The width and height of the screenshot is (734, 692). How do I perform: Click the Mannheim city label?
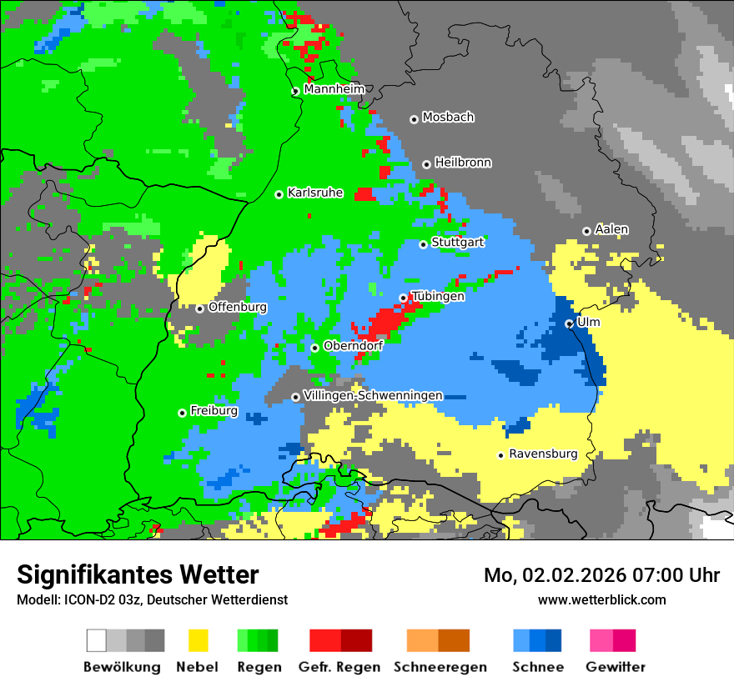334,89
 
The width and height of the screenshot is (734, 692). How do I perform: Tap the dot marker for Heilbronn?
426,164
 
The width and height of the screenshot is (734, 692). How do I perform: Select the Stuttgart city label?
457,243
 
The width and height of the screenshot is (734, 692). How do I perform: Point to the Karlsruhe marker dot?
279,194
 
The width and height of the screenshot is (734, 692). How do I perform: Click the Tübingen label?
437,296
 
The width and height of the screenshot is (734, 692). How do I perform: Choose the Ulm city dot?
569,323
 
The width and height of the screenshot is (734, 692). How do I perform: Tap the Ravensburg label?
543,454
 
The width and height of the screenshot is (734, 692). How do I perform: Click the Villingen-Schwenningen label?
373,395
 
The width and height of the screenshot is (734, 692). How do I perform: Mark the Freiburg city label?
214,411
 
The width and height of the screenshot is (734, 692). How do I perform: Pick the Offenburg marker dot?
199,308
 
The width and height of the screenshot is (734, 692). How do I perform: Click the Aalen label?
611,229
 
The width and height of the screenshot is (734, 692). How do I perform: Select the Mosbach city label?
448,118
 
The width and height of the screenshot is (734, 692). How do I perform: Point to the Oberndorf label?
353,346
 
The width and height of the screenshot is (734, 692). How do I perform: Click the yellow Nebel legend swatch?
198,640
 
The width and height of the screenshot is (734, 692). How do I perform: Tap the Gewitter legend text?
615,667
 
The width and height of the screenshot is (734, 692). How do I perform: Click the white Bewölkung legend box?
97,640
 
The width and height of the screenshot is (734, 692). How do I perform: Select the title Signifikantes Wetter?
138,574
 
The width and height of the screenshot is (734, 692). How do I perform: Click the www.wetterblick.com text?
601,599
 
